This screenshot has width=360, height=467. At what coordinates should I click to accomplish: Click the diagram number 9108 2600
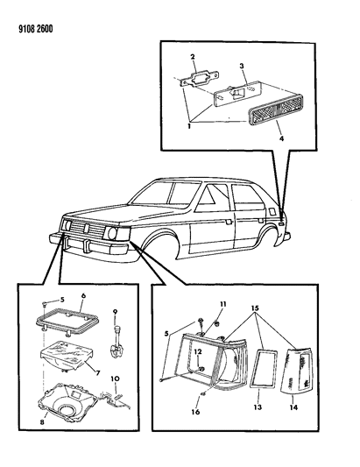tap(36, 29)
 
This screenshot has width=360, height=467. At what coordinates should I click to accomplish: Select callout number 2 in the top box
tap(193, 57)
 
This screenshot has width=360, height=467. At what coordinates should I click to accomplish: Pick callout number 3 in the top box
tap(242, 66)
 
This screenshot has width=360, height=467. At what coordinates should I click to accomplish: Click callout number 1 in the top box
tap(189, 126)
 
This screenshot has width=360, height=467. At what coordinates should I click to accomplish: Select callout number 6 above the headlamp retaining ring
tap(83, 295)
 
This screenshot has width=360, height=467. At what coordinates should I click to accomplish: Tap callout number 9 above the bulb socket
tap(115, 312)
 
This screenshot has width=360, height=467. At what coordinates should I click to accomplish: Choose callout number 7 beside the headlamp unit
tap(98, 372)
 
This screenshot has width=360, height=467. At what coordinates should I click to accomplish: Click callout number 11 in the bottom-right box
tap(223, 304)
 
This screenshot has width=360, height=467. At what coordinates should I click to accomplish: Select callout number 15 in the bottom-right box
tap(255, 308)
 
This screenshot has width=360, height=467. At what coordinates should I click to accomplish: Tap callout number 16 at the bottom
tap(195, 412)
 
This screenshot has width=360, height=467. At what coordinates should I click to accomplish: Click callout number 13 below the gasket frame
tap(258, 407)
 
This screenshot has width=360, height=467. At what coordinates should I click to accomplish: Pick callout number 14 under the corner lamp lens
tap(293, 407)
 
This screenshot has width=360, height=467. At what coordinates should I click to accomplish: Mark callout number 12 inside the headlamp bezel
tap(198, 351)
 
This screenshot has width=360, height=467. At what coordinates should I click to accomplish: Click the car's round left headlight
tap(112, 233)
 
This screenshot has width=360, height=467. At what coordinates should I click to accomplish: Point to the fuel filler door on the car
tap(272, 211)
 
